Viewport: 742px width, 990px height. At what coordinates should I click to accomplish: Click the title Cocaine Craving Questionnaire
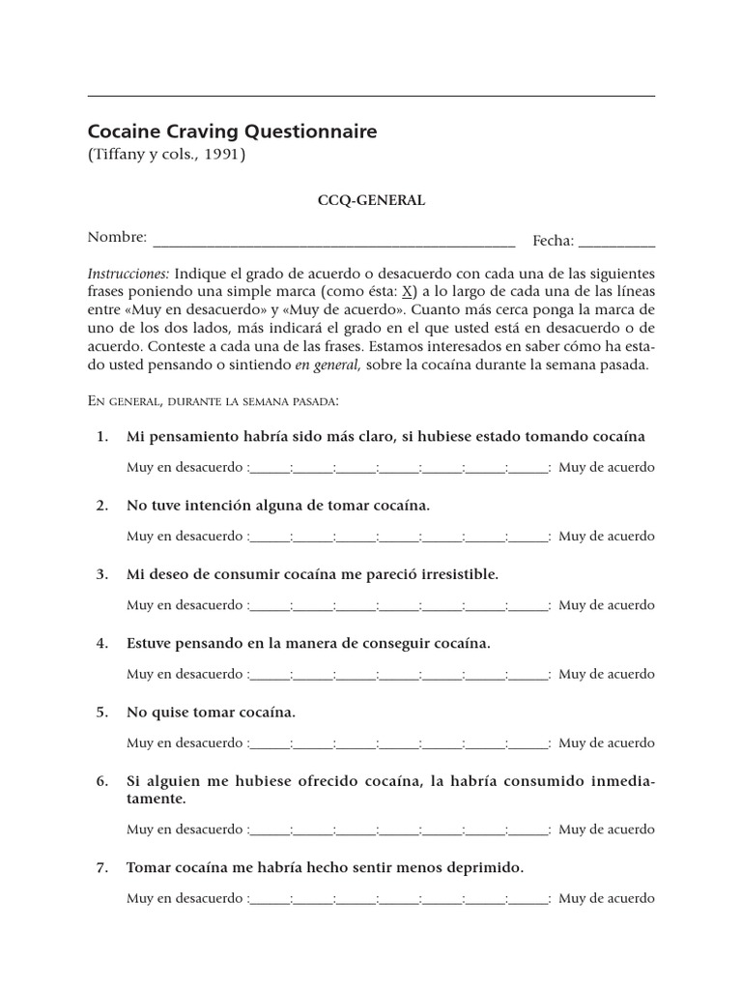232,131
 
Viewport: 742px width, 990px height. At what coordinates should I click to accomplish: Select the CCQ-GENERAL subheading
372,201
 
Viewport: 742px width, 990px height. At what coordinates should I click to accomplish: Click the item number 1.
102,437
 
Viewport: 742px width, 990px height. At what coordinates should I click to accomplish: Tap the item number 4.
102,643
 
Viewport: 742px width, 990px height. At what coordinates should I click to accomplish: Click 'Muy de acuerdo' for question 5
607,742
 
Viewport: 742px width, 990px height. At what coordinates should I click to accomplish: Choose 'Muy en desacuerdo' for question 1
185,468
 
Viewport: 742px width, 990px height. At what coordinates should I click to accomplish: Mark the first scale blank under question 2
270,537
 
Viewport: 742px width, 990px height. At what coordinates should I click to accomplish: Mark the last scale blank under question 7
528,898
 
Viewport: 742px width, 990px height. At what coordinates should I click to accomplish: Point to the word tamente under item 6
156,800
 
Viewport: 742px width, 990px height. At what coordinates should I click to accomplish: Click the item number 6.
102,781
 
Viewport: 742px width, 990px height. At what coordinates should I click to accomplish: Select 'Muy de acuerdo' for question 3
607,605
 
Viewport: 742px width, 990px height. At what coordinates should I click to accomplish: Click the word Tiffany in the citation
119,155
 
